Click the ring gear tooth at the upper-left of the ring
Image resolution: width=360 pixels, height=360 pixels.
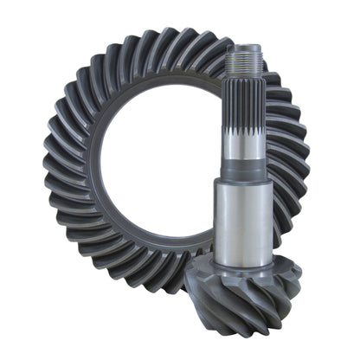[87, 78]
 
